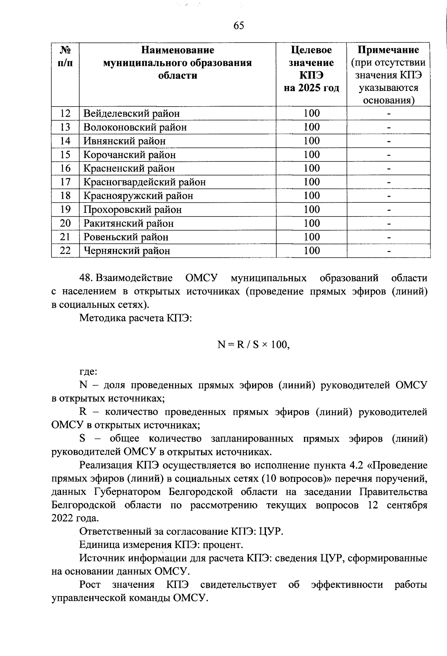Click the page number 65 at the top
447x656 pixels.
click(x=239, y=26)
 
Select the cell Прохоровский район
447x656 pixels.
click(x=132, y=209)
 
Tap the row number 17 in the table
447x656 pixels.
click(x=65, y=182)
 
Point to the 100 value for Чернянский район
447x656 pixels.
click(x=311, y=250)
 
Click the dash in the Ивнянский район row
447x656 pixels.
click(x=389, y=141)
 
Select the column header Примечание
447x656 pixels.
click(x=388, y=50)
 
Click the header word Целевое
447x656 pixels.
click(x=311, y=50)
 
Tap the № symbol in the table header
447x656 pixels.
click(x=65, y=50)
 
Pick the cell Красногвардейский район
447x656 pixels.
click(x=144, y=182)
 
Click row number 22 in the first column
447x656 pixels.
click(x=65, y=250)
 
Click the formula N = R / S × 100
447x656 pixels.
click(x=253, y=345)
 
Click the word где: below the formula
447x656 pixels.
click(x=88, y=372)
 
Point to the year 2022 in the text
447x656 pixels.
click(x=63, y=518)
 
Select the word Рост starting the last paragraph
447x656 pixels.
click(x=90, y=585)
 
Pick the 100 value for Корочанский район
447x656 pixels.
click(x=311, y=155)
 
